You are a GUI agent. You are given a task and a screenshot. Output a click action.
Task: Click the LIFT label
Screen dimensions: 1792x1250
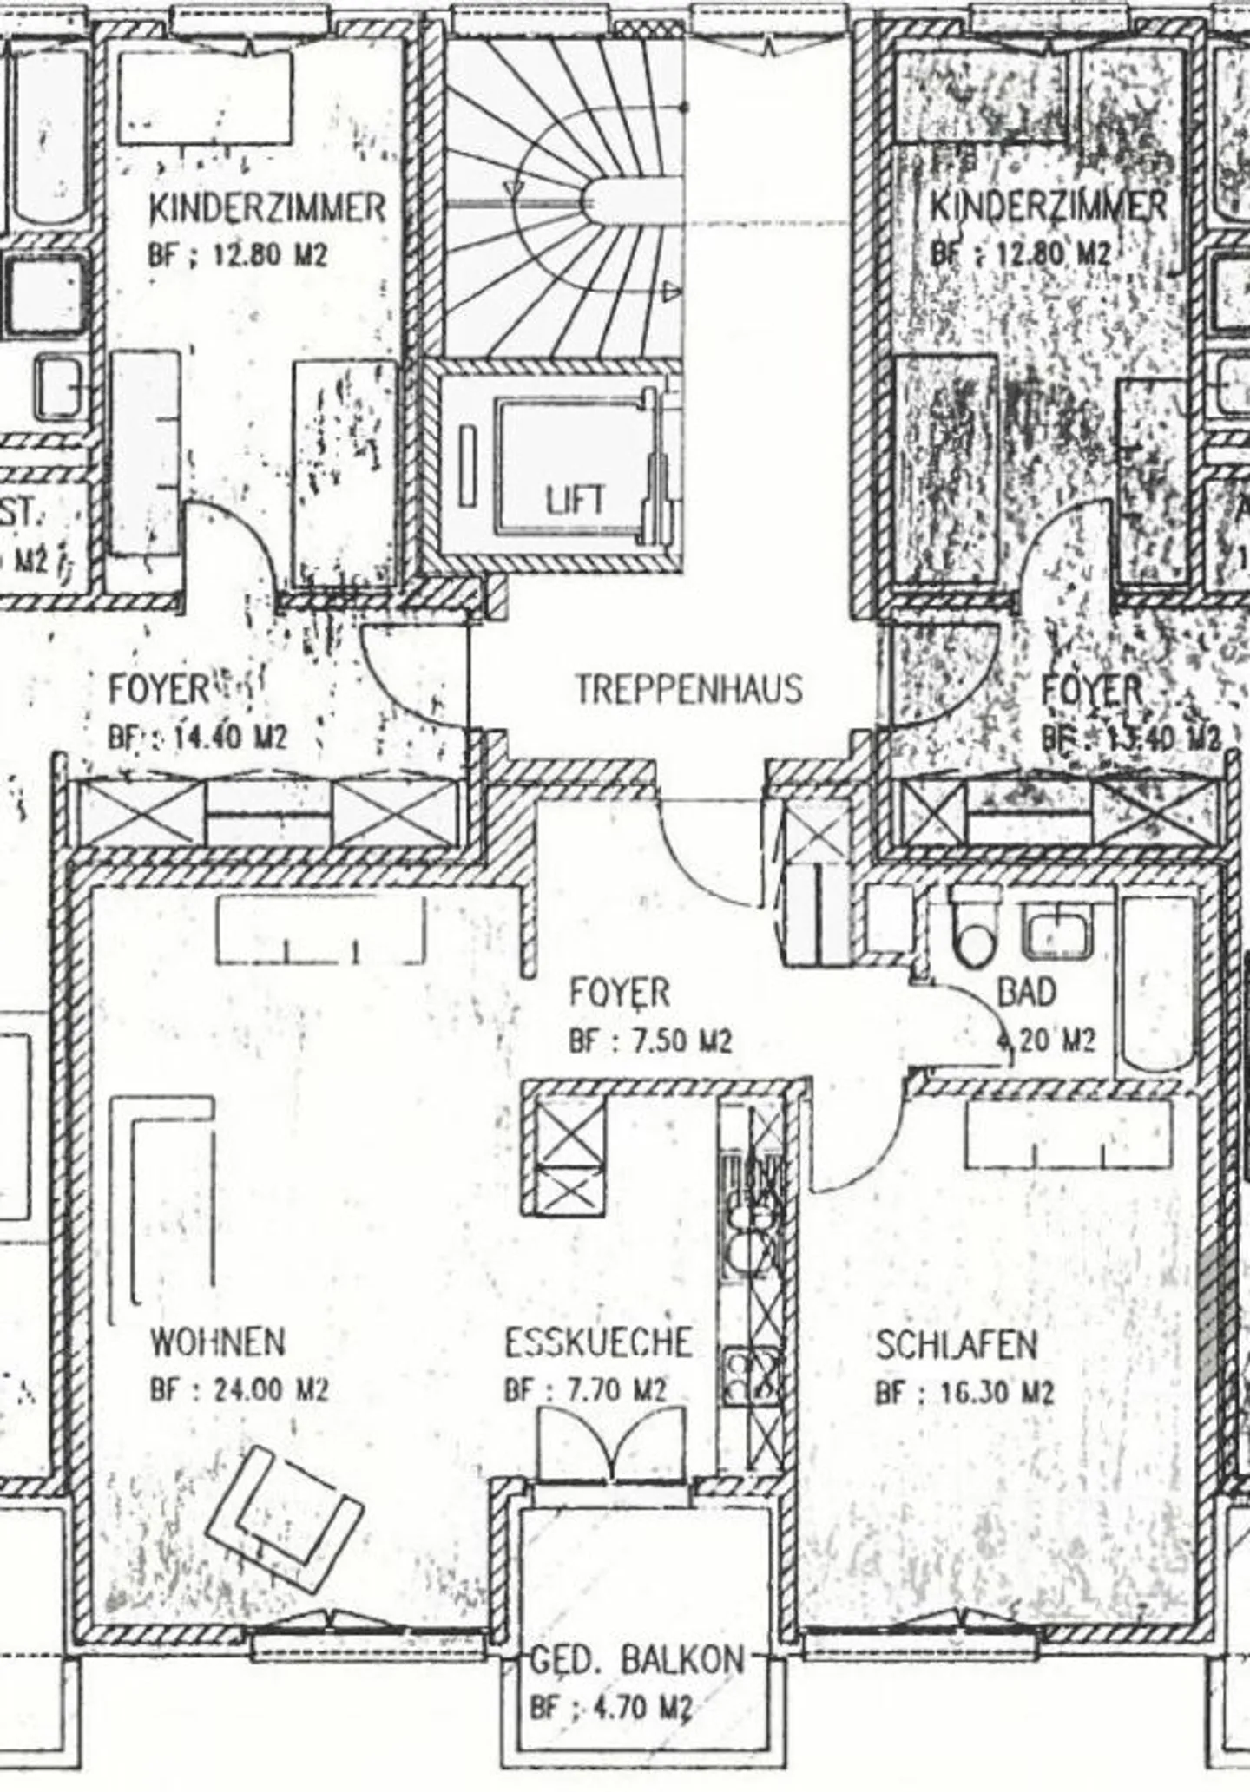(x=576, y=501)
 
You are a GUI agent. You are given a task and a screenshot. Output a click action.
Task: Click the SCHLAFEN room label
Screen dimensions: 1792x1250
(x=957, y=1344)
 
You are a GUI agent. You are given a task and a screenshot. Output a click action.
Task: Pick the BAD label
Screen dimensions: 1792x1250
(x=1027, y=991)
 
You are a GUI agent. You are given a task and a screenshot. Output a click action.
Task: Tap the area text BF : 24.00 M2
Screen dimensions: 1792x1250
(x=239, y=1390)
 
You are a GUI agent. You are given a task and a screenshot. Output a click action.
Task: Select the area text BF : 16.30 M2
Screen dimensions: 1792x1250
(x=964, y=1393)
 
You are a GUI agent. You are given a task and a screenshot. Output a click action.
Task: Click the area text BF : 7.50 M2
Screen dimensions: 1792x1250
(x=650, y=1040)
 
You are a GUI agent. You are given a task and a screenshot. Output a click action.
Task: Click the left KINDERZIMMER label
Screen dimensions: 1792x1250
(x=267, y=208)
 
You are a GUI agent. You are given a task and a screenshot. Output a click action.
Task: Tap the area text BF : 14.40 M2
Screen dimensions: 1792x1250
(x=197, y=738)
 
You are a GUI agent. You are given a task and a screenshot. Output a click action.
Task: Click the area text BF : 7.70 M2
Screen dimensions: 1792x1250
(x=585, y=1390)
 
